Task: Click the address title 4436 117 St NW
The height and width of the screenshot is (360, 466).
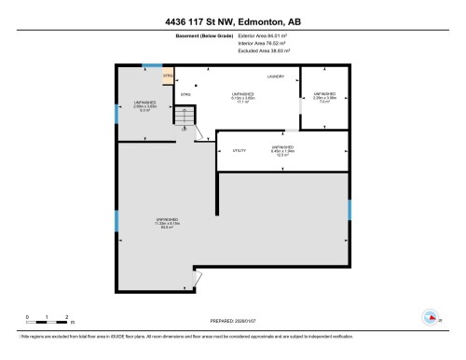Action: (x=233, y=21)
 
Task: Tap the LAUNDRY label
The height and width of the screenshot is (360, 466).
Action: (x=276, y=76)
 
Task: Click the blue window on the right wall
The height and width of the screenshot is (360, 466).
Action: (x=349, y=211)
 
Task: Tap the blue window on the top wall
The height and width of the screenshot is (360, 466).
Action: (x=148, y=65)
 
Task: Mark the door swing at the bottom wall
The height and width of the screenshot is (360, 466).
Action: (x=195, y=278)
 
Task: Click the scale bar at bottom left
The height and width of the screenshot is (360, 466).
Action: (x=48, y=321)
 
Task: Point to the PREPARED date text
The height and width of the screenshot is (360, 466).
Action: (x=233, y=321)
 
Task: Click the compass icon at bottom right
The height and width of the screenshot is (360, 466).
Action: (x=430, y=316)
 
